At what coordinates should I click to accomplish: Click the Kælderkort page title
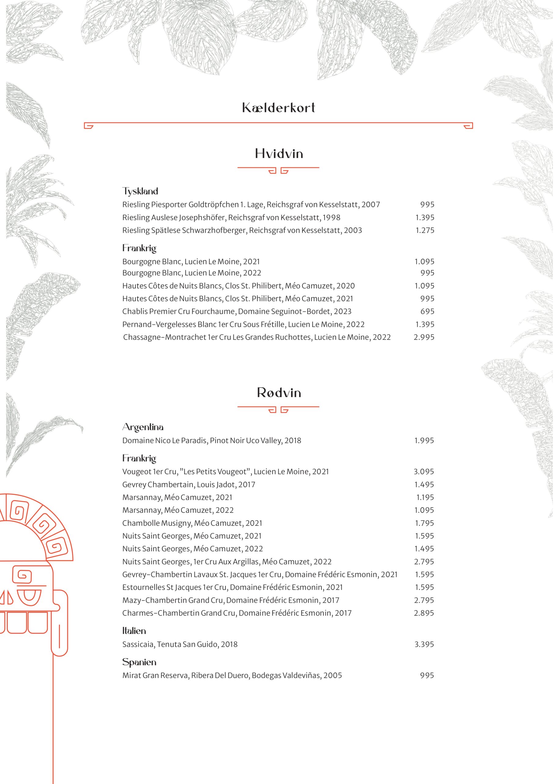pos(278,108)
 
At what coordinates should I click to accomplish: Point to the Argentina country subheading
pos(143,427)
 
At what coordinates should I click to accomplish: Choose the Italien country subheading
pos(134,631)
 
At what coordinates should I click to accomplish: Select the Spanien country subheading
pos(139,662)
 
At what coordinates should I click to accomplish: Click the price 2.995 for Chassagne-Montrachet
pos(424,337)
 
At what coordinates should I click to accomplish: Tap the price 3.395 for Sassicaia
pos(424,644)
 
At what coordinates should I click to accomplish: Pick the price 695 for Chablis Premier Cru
pos(427,311)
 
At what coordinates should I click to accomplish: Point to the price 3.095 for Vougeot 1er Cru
pos(424,472)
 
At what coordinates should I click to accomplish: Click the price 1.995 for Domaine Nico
pos(424,440)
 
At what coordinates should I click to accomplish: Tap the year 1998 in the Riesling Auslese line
pos(331,217)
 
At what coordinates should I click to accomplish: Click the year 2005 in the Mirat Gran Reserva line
pos(333,676)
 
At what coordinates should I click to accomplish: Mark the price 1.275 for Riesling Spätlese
pos(425,230)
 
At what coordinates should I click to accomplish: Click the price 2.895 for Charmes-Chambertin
pos(424,613)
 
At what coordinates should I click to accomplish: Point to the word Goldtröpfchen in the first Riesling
pos(213,205)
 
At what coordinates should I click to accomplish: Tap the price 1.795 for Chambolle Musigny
pos(424,523)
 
